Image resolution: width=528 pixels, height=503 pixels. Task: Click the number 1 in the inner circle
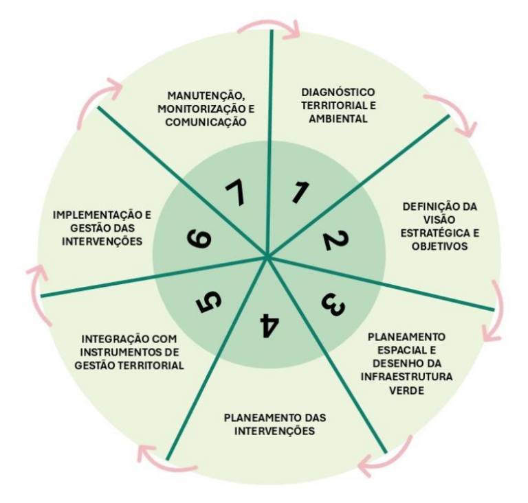[x=300, y=192]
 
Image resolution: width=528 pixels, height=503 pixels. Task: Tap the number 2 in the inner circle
[x=335, y=240]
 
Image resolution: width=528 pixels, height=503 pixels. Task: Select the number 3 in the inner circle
[x=333, y=305]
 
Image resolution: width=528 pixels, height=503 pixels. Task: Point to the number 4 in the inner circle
[x=269, y=325]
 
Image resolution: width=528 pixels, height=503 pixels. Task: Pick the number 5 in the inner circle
[x=209, y=301]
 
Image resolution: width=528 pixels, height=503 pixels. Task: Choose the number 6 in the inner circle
[x=199, y=239]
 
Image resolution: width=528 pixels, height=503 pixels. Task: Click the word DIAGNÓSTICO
[x=338, y=92]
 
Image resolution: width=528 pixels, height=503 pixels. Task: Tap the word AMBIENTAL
[x=338, y=119]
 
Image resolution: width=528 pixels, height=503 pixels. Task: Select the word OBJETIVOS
[x=440, y=246]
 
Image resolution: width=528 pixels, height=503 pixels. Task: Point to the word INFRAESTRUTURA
[x=406, y=377]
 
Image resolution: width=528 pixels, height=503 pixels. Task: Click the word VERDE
[x=406, y=390]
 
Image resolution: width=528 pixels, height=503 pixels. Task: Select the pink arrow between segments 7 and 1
[x=269, y=23]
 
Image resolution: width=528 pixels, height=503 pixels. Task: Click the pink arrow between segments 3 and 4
[x=390, y=460]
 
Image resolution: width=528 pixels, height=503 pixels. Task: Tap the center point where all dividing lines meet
[x=267, y=257]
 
